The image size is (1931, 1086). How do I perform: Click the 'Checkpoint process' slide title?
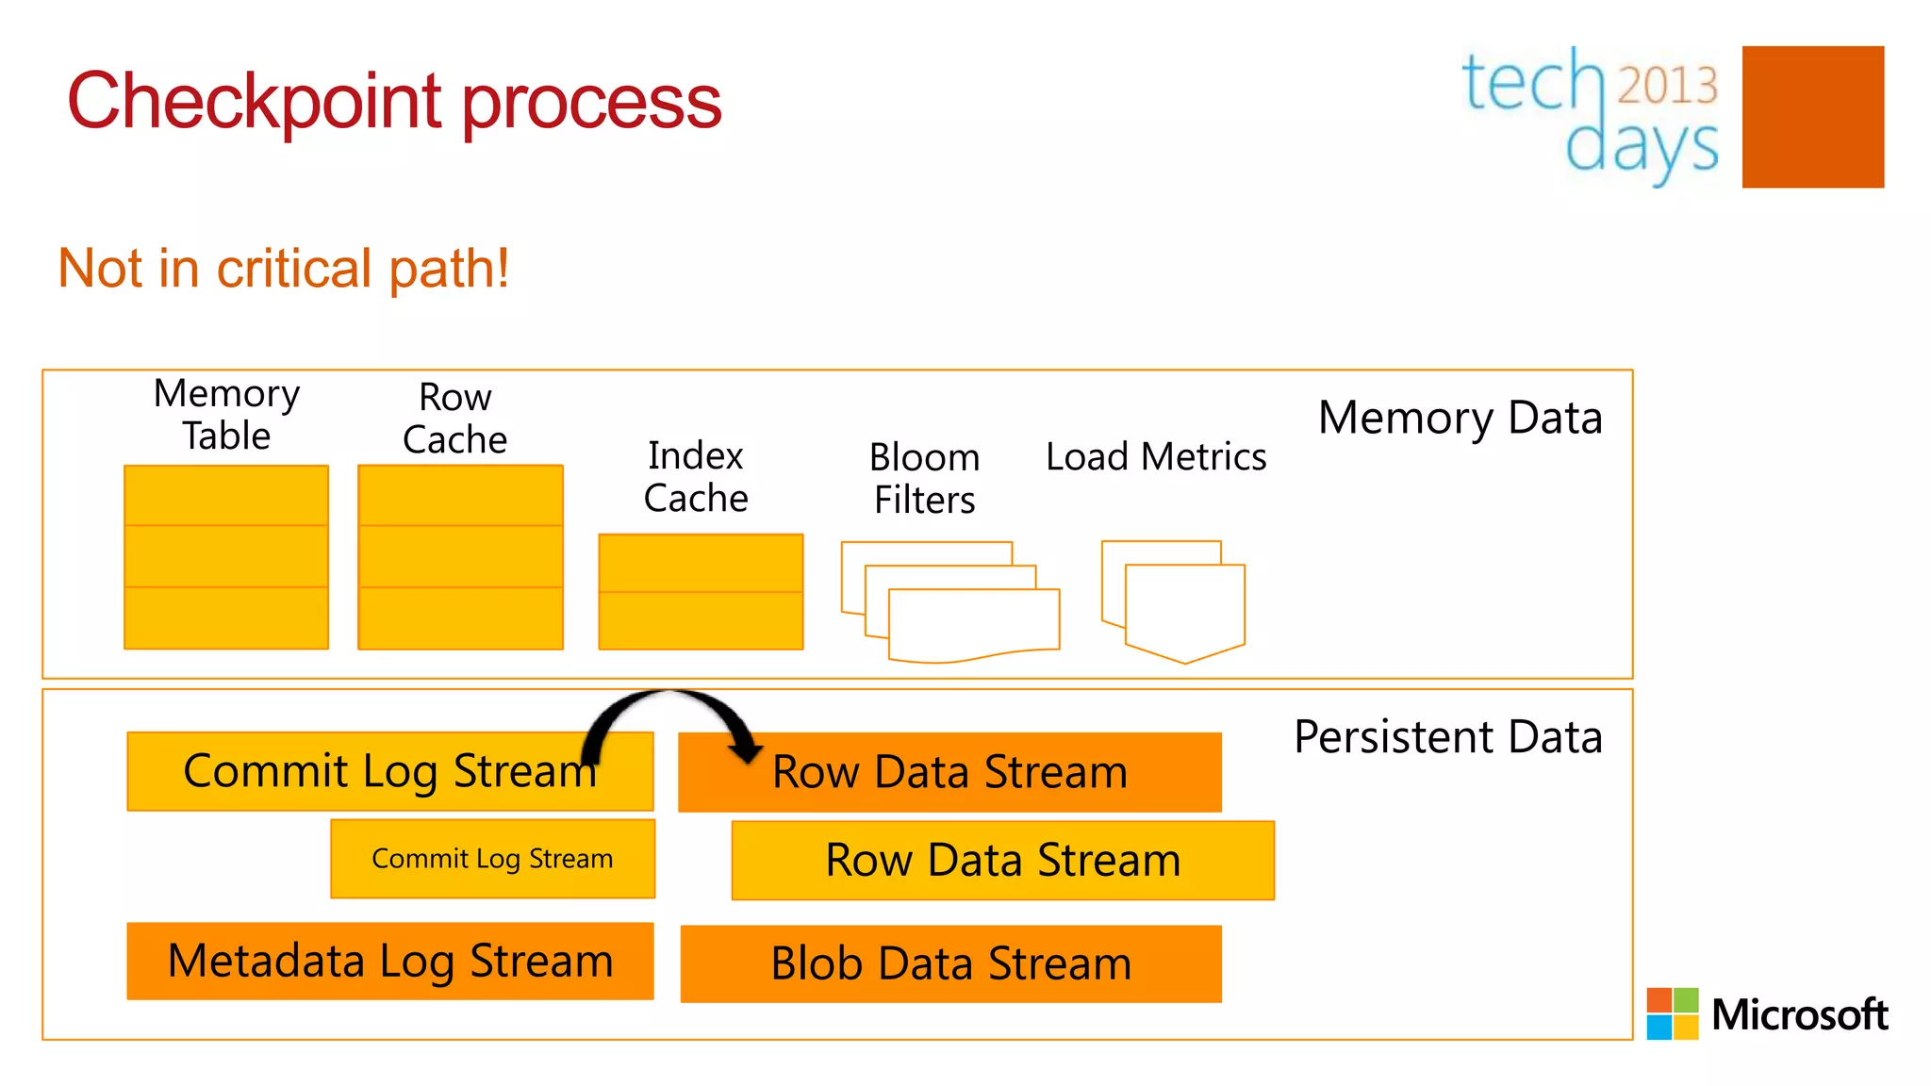pyautogui.click(x=394, y=102)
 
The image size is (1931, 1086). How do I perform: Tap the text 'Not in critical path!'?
pyautogui.click(x=283, y=269)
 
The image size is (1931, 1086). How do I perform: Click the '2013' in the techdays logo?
pyautogui.click(x=1667, y=85)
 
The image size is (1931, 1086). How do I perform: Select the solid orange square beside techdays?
pyautogui.click(x=1812, y=117)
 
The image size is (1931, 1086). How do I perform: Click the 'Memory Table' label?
pyautogui.click(x=226, y=415)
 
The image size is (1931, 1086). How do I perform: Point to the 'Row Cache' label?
pyautogui.click(x=454, y=419)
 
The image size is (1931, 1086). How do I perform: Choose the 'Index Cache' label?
pyautogui.click(x=696, y=477)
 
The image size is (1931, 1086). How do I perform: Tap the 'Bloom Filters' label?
pyautogui.click(x=924, y=478)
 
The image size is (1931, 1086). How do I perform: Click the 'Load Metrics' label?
pyautogui.click(x=1156, y=457)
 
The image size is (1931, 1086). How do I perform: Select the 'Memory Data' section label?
pyautogui.click(x=1460, y=418)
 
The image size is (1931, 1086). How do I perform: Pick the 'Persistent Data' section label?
pyautogui.click(x=1448, y=737)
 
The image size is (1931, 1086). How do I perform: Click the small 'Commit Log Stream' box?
pyautogui.click(x=492, y=859)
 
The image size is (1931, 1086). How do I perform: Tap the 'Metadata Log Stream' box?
pyautogui.click(x=390, y=962)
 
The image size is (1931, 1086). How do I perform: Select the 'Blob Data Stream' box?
pyautogui.click(x=950, y=964)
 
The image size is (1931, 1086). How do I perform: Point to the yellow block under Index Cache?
pyautogui.click(x=701, y=592)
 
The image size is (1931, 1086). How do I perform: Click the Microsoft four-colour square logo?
pyautogui.click(x=1672, y=1013)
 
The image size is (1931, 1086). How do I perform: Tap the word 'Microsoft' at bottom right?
pyautogui.click(x=1799, y=1015)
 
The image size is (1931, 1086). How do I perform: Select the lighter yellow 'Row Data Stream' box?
pyautogui.click(x=1002, y=861)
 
